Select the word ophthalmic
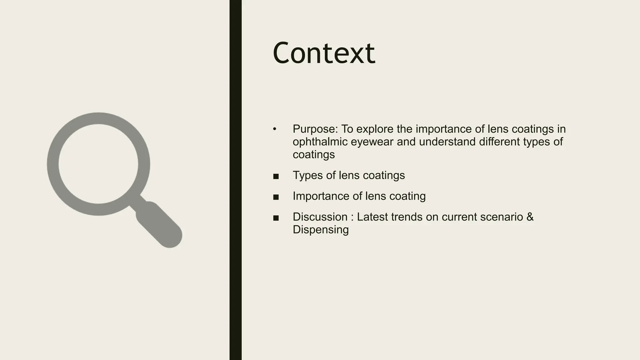click(x=320, y=142)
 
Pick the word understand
click(x=447, y=142)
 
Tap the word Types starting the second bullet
click(x=307, y=175)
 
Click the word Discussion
click(x=320, y=217)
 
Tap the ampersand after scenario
click(x=530, y=217)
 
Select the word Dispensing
click(x=321, y=230)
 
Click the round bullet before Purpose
click(x=274, y=129)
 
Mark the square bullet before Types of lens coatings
click(x=276, y=177)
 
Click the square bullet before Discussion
click(x=276, y=218)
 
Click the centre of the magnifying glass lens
click(x=98, y=164)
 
